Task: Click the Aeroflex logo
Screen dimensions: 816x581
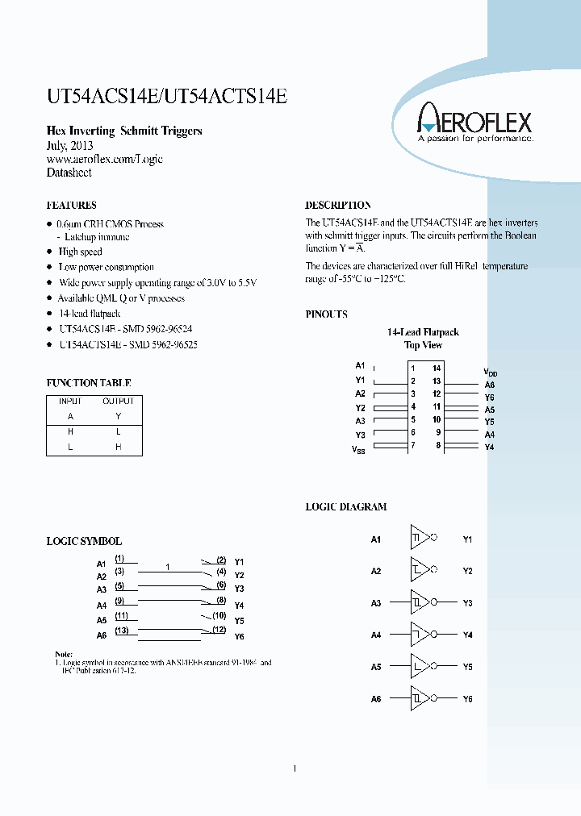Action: [474, 125]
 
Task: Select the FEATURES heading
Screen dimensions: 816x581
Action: [71, 206]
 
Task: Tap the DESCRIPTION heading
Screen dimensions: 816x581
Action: [338, 206]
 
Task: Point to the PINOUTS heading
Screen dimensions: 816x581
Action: [326, 314]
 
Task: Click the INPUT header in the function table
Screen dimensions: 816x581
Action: [70, 401]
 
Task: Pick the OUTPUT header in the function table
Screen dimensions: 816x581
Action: [118, 401]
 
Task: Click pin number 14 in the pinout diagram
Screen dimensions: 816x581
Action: [437, 368]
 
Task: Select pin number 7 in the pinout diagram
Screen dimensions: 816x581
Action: [412, 445]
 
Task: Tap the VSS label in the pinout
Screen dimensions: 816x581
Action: [358, 449]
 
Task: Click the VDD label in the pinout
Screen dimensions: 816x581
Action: [490, 372]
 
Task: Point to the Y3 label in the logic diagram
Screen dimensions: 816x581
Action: [467, 603]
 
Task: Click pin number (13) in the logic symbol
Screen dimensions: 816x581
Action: [121, 631]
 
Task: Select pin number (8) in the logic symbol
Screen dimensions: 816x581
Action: [220, 601]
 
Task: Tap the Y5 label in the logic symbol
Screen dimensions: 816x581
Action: [239, 621]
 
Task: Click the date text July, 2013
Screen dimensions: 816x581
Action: [69, 146]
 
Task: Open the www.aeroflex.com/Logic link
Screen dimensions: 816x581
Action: [104, 160]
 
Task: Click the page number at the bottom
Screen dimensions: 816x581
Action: [295, 768]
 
